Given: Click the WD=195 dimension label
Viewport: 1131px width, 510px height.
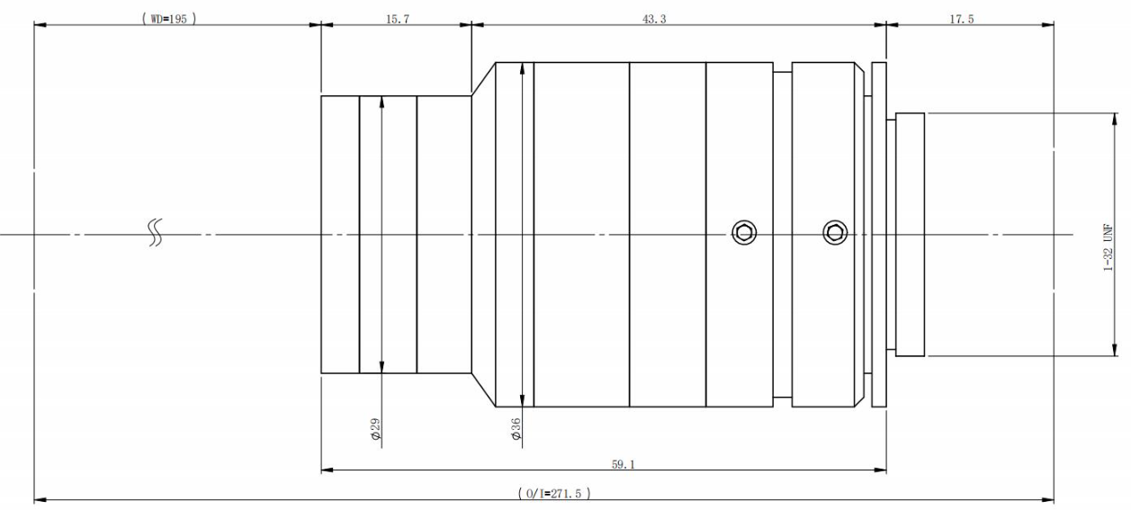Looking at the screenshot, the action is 169,19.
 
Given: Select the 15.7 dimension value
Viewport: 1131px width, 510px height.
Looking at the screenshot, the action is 398,19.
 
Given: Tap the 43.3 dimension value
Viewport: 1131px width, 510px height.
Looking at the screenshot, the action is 654,19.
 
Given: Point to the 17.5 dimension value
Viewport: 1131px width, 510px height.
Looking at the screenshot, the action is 961,19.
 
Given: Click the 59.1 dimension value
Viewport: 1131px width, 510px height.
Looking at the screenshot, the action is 623,464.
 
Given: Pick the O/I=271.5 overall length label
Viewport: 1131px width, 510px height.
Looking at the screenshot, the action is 554,493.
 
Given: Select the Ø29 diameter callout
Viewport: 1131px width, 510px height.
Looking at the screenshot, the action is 376,429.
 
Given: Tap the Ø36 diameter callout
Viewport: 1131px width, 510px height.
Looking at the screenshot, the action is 516,429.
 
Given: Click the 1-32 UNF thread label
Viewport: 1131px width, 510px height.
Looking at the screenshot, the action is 1108,247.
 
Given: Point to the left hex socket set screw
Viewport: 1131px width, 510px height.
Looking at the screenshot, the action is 744,233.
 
